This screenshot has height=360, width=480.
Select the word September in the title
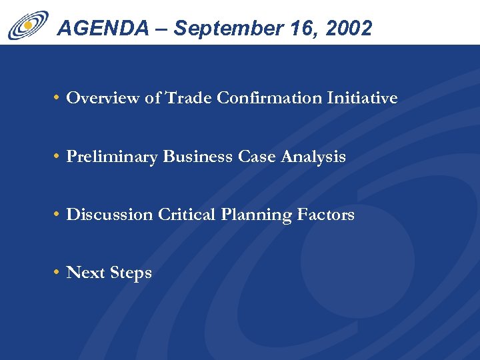tap(220, 28)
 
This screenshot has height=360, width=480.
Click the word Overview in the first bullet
tap(103, 99)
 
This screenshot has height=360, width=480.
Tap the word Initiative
tap(362, 99)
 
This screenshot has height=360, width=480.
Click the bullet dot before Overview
tap(59, 99)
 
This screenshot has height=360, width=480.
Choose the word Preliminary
tap(112, 157)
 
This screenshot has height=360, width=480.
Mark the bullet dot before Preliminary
tap(59, 157)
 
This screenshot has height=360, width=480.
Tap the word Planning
tap(252, 215)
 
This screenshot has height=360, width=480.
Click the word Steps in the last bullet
tap(131, 273)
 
